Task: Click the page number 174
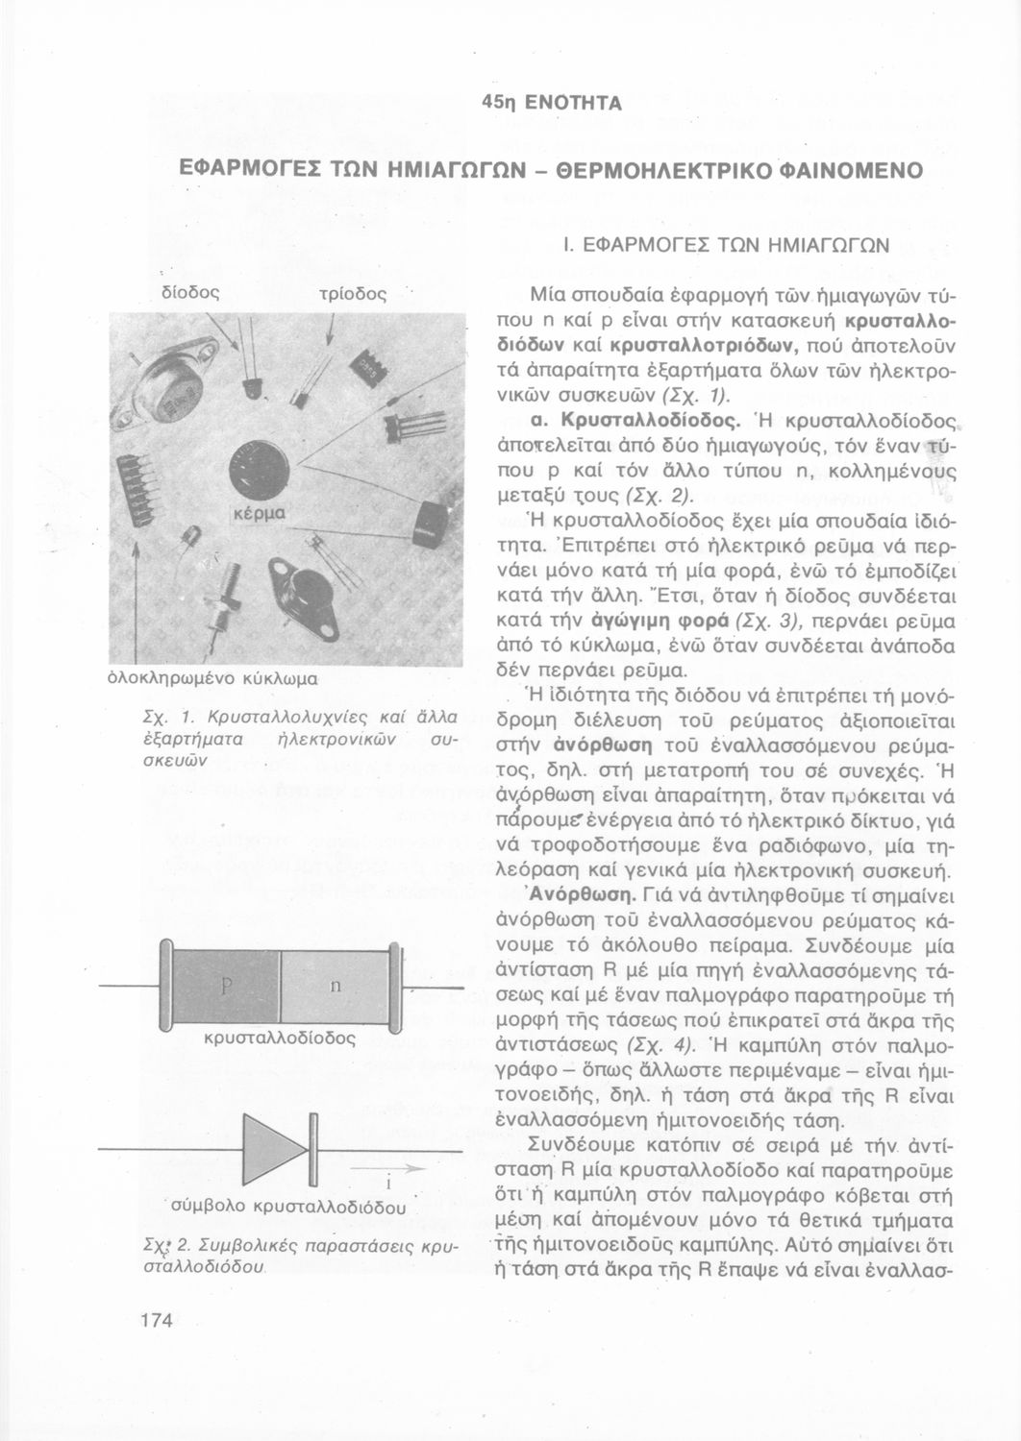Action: click(155, 1320)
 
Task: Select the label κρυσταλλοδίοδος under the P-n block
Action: click(281, 1038)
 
